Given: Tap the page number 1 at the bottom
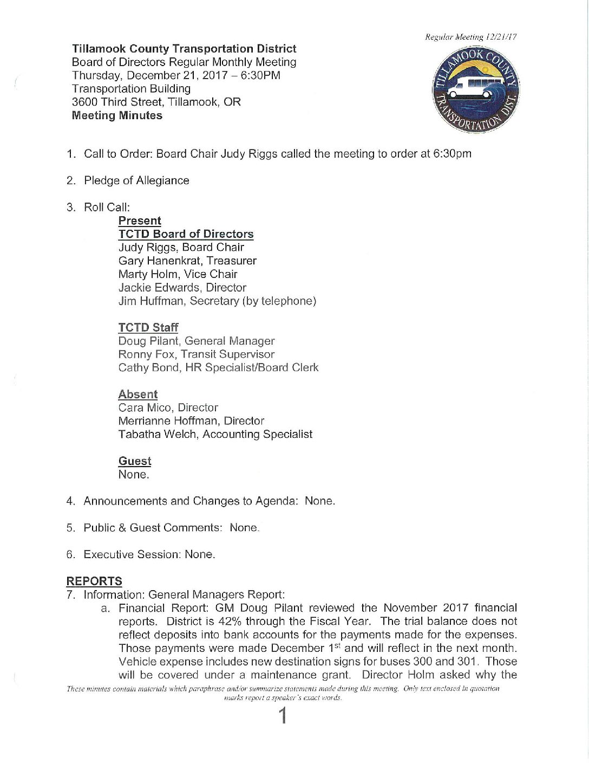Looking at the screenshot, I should [282, 716].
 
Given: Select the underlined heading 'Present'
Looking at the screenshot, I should [140, 221].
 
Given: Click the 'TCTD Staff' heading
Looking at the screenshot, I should [148, 327].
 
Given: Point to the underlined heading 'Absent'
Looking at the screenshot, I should [138, 394].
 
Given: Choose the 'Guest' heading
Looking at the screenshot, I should [135, 461].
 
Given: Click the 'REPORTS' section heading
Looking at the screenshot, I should [94, 581].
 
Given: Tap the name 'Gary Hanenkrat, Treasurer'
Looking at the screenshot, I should [187, 261].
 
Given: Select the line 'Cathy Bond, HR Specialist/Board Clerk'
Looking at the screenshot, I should [218, 367].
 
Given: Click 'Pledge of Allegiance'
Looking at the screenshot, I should [136, 180].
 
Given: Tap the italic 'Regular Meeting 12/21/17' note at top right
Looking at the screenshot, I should [470, 37].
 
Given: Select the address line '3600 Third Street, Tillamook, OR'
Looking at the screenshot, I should [156, 102].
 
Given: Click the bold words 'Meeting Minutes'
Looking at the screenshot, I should [117, 115].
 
